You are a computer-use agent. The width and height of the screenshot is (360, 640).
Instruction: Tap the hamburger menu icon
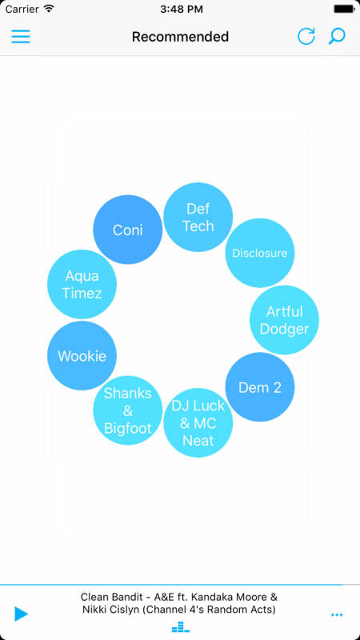click(21, 36)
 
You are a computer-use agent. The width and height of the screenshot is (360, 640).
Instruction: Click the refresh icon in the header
click(306, 36)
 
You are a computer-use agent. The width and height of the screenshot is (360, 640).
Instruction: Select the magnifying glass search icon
click(337, 36)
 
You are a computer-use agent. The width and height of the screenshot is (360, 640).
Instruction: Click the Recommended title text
click(180, 37)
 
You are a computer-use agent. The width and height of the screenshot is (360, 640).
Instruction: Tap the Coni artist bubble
click(128, 230)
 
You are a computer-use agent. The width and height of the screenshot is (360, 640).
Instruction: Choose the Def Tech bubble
click(198, 217)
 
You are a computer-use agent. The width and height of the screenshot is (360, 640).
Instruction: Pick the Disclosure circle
click(259, 253)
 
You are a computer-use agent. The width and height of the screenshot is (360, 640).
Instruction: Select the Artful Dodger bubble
click(284, 319)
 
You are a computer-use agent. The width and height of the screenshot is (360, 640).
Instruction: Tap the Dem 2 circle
click(259, 387)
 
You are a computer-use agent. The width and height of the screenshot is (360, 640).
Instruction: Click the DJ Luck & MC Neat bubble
click(198, 422)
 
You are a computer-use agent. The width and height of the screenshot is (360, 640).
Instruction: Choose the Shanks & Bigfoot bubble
click(128, 410)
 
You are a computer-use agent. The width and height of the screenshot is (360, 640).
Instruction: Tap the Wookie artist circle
click(82, 355)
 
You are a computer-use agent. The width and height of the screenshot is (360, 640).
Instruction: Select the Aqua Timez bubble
click(82, 284)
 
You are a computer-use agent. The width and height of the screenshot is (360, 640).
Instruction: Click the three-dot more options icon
click(337, 614)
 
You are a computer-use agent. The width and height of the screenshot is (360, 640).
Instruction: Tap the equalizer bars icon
click(181, 627)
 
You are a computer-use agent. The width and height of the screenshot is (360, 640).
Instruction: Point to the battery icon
click(344, 9)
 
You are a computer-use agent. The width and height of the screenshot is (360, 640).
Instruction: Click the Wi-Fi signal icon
click(49, 9)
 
